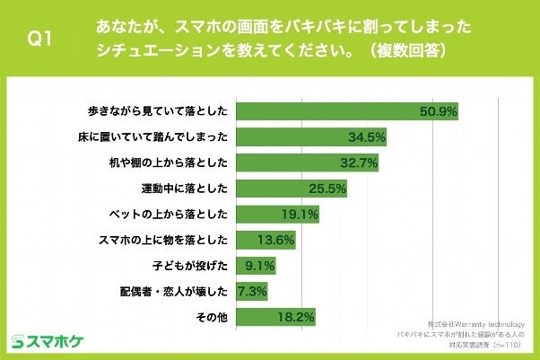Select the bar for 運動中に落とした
point(290,189)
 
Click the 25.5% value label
point(327,189)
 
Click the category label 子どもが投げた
point(193,267)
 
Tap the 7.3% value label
point(250,293)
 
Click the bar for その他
point(274,318)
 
